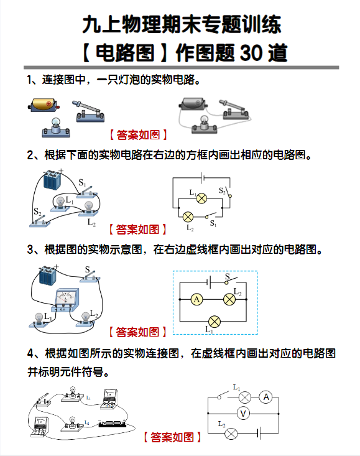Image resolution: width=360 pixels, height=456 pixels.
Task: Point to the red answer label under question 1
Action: [138, 134]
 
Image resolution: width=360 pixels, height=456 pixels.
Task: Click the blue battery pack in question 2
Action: [51, 181]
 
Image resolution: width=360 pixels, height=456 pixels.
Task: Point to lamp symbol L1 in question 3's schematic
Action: [215, 322]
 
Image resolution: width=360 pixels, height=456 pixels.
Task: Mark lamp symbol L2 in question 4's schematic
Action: [231, 433]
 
